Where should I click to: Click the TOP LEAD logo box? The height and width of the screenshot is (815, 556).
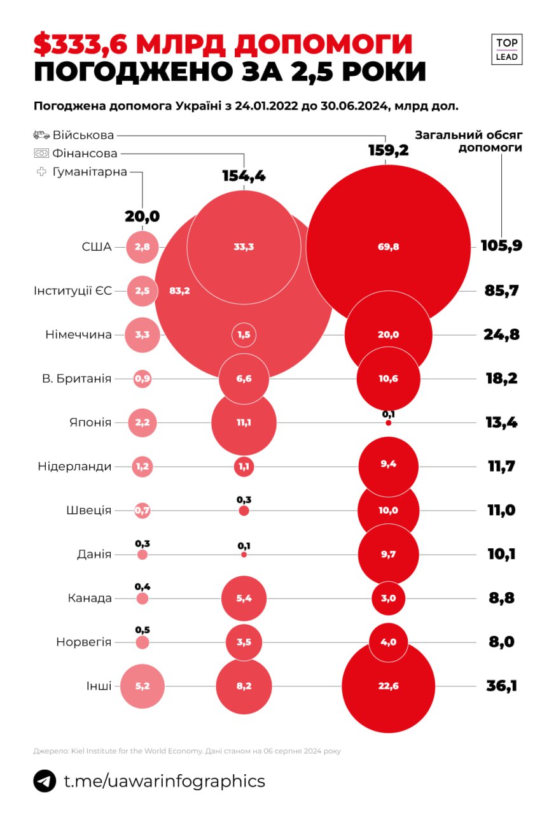click(506, 50)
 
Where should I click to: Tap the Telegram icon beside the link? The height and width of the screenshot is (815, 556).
click(45, 781)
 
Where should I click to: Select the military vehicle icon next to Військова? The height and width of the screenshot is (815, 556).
click(41, 135)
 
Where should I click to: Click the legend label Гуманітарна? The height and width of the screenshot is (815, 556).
click(90, 172)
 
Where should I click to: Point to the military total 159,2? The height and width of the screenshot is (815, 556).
click(388, 150)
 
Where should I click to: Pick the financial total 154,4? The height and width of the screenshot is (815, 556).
click(244, 176)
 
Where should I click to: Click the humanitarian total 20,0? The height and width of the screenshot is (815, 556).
click(142, 216)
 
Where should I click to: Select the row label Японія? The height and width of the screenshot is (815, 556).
click(90, 422)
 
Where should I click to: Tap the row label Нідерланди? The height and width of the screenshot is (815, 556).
click(74, 466)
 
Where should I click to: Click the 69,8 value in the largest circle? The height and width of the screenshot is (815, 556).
click(388, 247)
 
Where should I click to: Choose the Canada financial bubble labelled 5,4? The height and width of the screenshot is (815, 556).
click(244, 598)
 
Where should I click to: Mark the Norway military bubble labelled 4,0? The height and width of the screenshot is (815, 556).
click(388, 642)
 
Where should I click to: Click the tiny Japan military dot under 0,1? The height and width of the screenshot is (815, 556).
click(388, 423)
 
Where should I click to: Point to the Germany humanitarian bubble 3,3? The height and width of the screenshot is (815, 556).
click(142, 335)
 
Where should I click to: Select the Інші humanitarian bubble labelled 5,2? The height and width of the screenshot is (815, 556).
click(142, 686)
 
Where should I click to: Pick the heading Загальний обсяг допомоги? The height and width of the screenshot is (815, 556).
click(469, 141)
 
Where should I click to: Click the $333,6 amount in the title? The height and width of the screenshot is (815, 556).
click(80, 45)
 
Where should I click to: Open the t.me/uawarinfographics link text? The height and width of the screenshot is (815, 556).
click(165, 781)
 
